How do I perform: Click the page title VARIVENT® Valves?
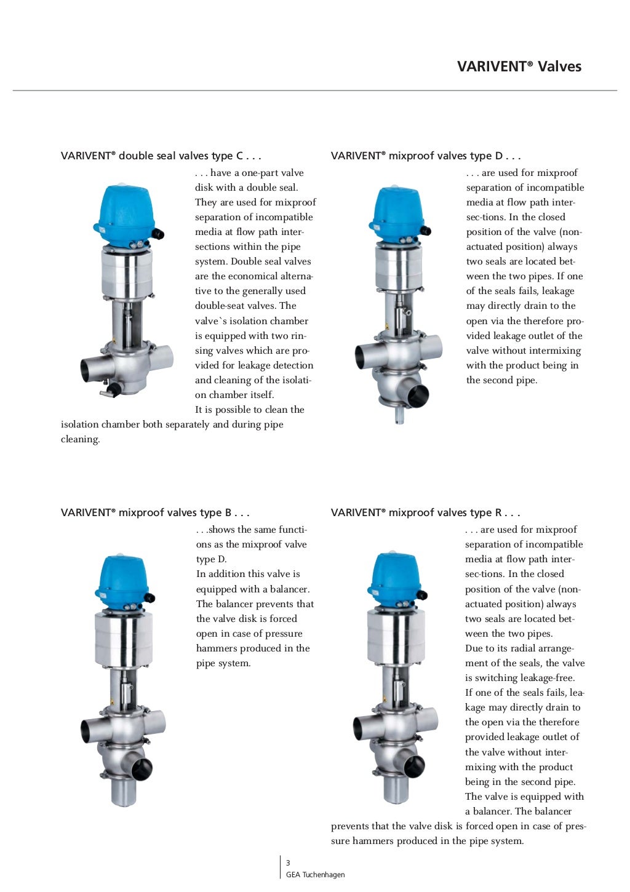tap(519, 66)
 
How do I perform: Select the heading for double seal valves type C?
tap(161, 156)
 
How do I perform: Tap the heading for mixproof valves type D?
tap(426, 156)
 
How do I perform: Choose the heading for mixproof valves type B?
tap(155, 512)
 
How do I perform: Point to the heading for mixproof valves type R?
tap(425, 512)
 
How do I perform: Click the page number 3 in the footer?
tap(288, 863)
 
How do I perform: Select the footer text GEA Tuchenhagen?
tap(315, 875)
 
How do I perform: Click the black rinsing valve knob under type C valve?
tap(114, 389)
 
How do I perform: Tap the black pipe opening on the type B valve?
tap(143, 768)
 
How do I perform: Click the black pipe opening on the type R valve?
tap(414, 766)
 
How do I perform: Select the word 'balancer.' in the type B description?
tap(290, 589)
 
